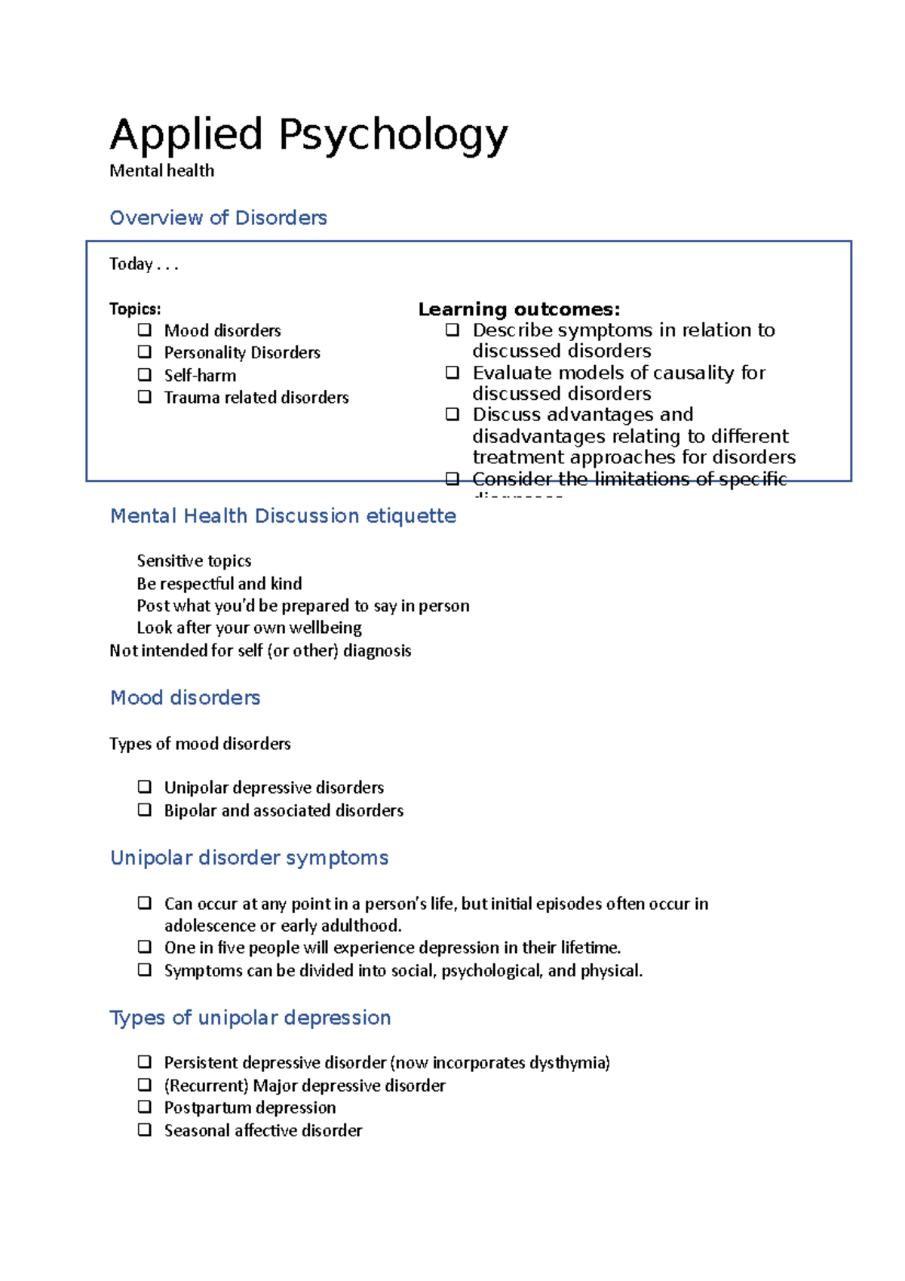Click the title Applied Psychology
[308, 136]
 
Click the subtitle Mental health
[161, 171]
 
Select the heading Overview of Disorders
[218, 218]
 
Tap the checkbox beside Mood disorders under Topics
[145, 330]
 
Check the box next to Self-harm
[145, 374]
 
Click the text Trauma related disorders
[256, 398]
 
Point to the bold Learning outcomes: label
[519, 309]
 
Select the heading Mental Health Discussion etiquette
[283, 516]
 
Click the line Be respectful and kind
[219, 583]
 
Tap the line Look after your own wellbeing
[249, 628]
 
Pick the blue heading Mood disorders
[185, 698]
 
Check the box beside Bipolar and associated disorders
[145, 809]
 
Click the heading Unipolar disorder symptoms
[249, 858]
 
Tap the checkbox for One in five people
[145, 947]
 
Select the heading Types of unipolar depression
[250, 1018]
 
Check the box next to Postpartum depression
[145, 1107]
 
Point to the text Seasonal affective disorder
[263, 1130]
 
